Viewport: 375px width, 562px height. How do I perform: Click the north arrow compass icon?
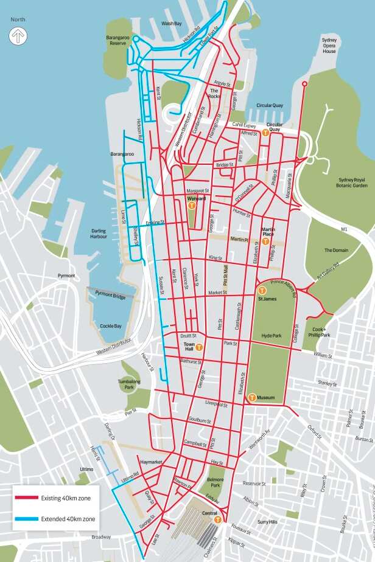click(x=18, y=36)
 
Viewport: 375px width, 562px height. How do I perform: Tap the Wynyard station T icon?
click(x=192, y=206)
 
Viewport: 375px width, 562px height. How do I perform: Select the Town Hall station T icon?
click(x=198, y=348)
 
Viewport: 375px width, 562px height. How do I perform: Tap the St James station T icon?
click(x=262, y=291)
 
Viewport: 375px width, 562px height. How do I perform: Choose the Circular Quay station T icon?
click(x=266, y=133)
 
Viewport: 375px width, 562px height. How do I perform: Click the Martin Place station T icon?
click(x=265, y=241)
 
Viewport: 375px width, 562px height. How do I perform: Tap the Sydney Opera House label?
click(x=329, y=46)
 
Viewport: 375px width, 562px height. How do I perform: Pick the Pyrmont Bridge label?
click(x=110, y=294)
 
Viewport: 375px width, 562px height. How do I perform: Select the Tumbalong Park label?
click(x=129, y=384)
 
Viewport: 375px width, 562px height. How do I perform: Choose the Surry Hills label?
click(x=267, y=522)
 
